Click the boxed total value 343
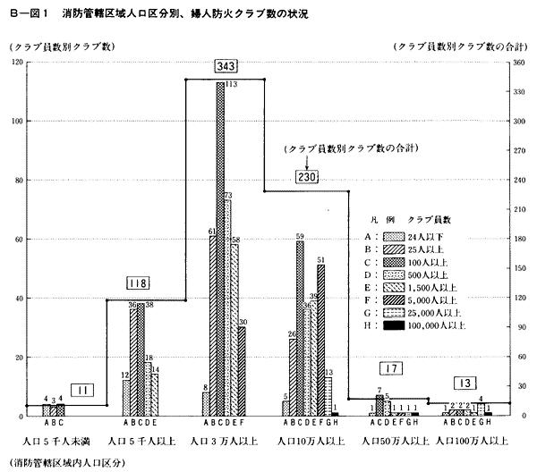(225, 67)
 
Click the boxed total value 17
(388, 368)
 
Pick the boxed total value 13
(464, 384)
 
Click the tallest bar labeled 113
(220, 250)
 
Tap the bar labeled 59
(300, 326)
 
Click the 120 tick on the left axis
(18, 63)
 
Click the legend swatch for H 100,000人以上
(390, 327)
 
